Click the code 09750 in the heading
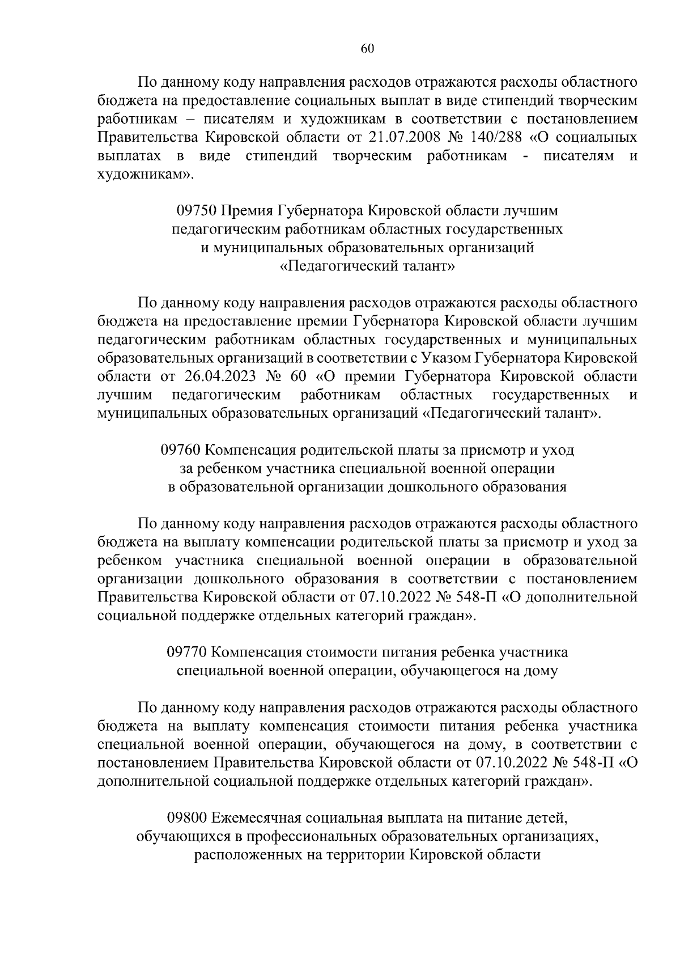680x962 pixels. [196, 211]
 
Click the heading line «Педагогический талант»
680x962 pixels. [368, 266]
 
